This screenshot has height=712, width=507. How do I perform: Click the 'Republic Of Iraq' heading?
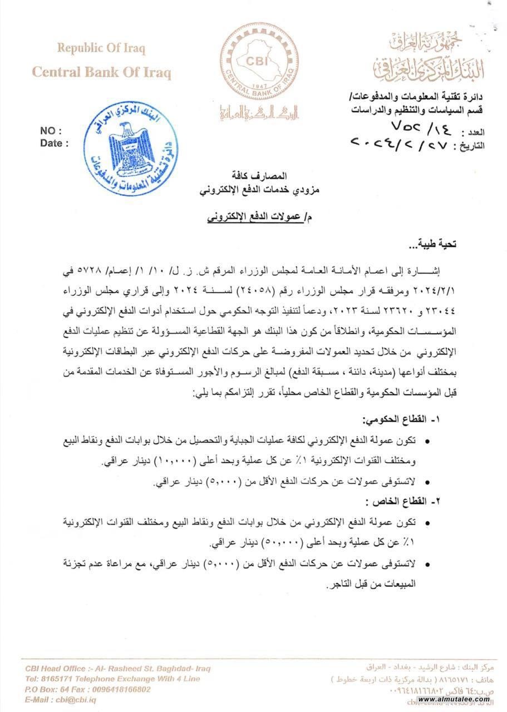(101, 48)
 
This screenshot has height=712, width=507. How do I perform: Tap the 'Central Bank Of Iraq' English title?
(101, 72)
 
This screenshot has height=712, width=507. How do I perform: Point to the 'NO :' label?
(51, 131)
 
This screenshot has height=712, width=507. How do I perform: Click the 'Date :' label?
(54, 143)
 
